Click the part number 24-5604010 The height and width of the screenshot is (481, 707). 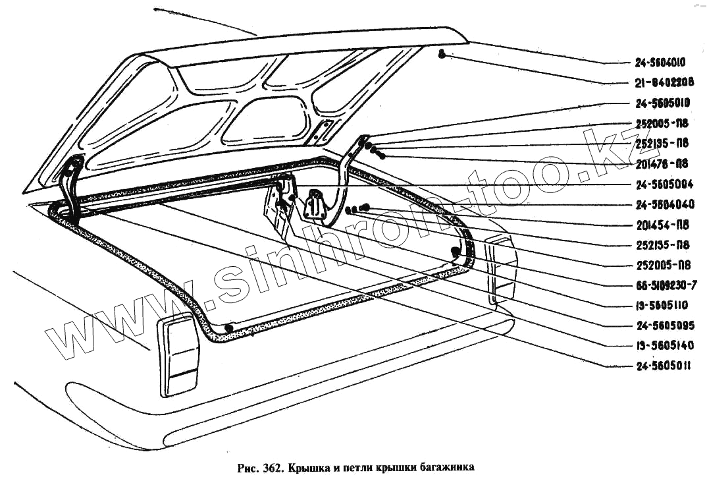pos(660,63)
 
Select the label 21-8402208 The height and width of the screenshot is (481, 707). pos(660,83)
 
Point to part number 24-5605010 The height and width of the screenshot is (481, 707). pos(660,103)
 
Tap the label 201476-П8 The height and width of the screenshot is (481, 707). pos(663,163)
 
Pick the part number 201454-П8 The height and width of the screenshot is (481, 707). pos(663,225)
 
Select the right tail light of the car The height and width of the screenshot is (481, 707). pos(501,270)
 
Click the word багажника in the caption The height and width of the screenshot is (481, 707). pos(446,469)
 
